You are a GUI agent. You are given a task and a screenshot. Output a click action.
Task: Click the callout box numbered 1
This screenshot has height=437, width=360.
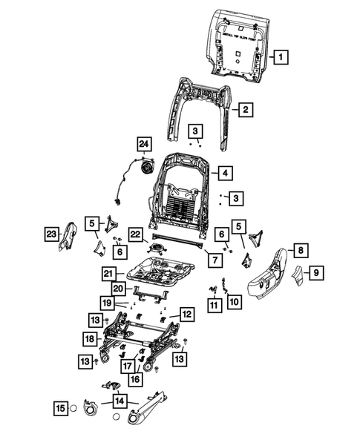(280, 56)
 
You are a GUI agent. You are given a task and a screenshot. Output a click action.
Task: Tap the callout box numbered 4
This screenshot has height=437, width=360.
(225, 172)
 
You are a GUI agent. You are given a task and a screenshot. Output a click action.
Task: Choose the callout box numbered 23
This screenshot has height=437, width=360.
(51, 234)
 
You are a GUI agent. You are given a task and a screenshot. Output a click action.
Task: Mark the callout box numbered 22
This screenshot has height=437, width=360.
(135, 234)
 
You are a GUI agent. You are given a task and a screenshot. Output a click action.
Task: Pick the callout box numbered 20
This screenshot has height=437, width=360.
(119, 288)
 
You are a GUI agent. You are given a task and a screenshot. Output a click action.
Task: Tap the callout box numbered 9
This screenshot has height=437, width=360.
(315, 275)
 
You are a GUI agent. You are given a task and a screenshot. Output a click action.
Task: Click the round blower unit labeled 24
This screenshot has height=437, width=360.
(146, 167)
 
